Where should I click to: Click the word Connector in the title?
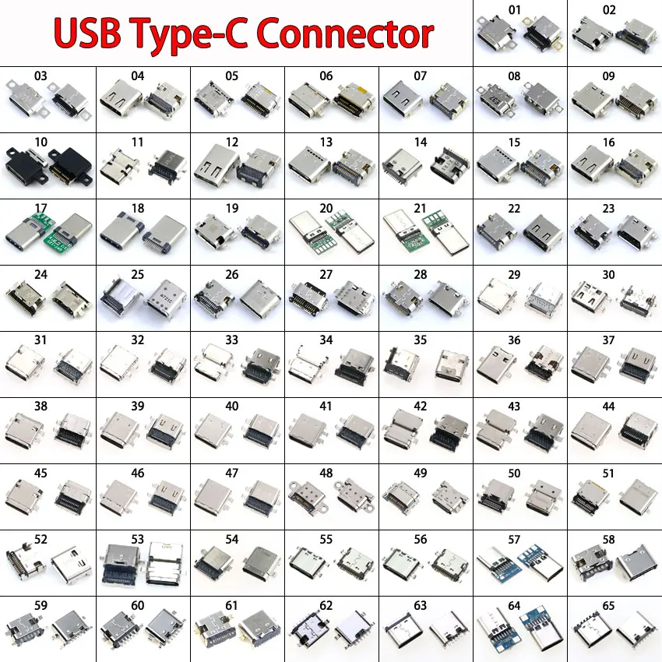pos(344,33)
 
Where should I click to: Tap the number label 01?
pos(514,10)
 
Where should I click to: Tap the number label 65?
pos(609,604)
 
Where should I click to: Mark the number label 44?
pos(609,407)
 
